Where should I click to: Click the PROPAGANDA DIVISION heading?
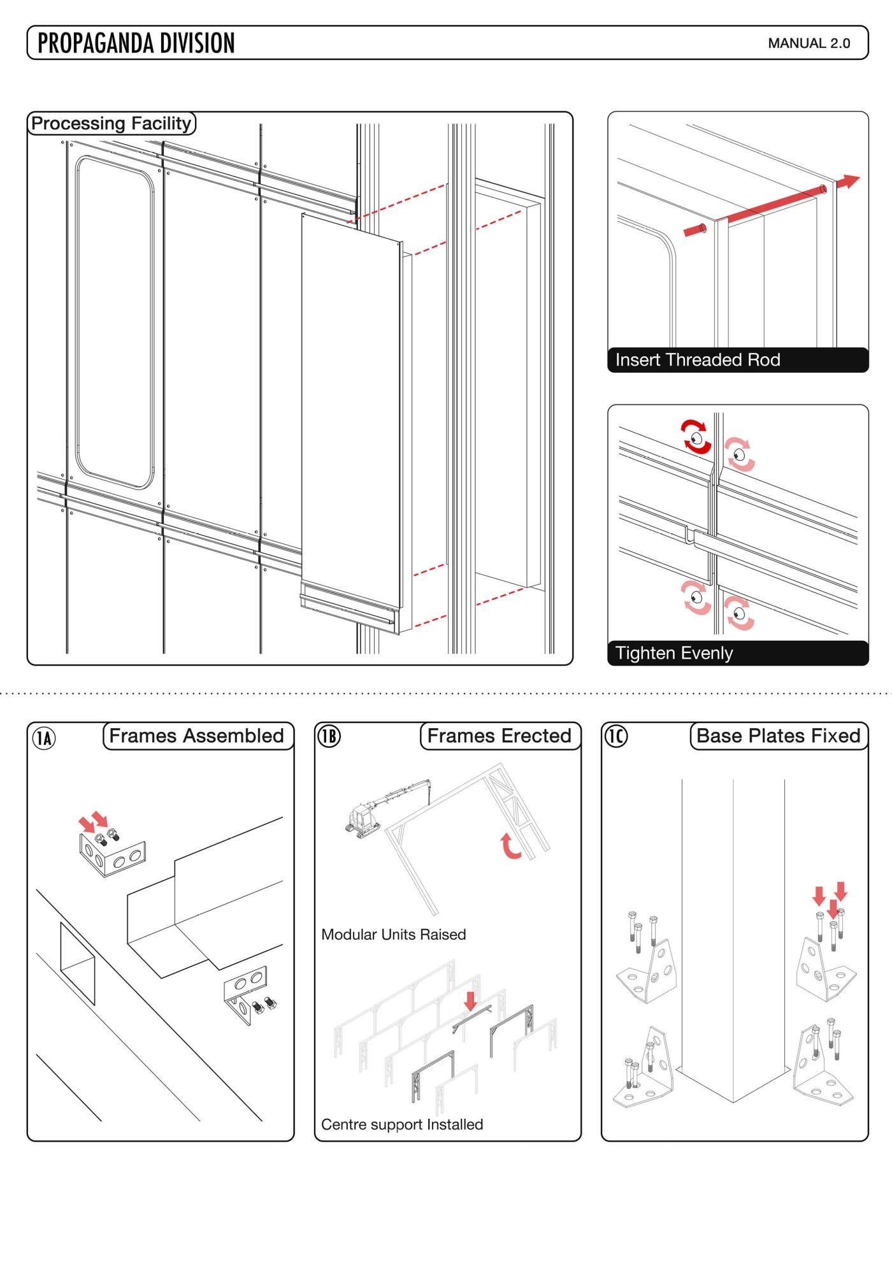point(136,43)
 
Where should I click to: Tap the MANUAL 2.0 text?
point(809,43)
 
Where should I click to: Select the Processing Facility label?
point(111,123)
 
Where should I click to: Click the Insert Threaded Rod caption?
point(698,360)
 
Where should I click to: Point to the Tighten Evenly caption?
point(674,653)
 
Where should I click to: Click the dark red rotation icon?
point(696,437)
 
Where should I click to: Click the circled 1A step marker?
point(44,738)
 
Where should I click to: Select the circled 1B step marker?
point(329,736)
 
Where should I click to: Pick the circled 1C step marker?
point(615,736)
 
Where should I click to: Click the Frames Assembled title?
point(196,736)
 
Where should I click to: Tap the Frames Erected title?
point(499,736)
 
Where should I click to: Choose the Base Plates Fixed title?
point(778,736)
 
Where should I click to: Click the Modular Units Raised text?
point(393,935)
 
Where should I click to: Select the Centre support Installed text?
point(401,1124)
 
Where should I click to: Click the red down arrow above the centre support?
point(470,1001)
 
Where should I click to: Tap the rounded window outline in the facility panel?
point(115,322)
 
